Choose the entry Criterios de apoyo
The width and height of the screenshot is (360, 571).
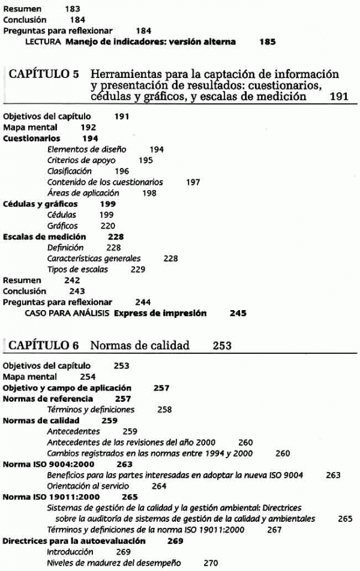coord(81,160)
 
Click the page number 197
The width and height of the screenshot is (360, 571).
coord(193,182)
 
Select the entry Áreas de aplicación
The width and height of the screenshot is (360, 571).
coord(83,193)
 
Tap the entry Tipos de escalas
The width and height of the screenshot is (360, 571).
coord(77,269)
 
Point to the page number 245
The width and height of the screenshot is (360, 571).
coord(238,313)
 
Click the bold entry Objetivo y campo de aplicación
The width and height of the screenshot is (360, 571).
coord(67,388)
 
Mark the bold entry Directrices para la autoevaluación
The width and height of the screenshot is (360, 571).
coord(74,540)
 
